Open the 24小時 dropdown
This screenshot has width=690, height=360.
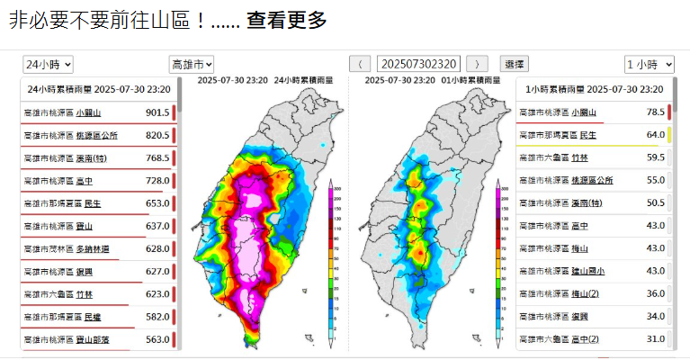(49, 64)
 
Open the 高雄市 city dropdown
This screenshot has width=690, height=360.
(192, 64)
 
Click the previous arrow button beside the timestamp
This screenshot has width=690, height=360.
(360, 64)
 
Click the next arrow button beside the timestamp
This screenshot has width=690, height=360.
(478, 64)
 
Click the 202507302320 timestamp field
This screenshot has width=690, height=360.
(419, 64)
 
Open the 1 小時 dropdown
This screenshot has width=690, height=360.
(650, 64)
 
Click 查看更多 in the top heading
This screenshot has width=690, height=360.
(287, 20)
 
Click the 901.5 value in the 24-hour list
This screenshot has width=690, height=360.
(157, 113)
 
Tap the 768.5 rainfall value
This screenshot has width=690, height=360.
(157, 158)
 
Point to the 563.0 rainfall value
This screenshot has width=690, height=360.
(157, 340)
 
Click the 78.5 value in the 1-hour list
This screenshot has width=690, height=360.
(655, 112)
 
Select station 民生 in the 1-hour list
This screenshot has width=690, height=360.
(587, 135)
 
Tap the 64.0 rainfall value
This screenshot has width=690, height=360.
(655, 135)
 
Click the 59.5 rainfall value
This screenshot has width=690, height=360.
(655, 157)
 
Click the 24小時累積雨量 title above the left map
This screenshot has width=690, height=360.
(303, 80)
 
